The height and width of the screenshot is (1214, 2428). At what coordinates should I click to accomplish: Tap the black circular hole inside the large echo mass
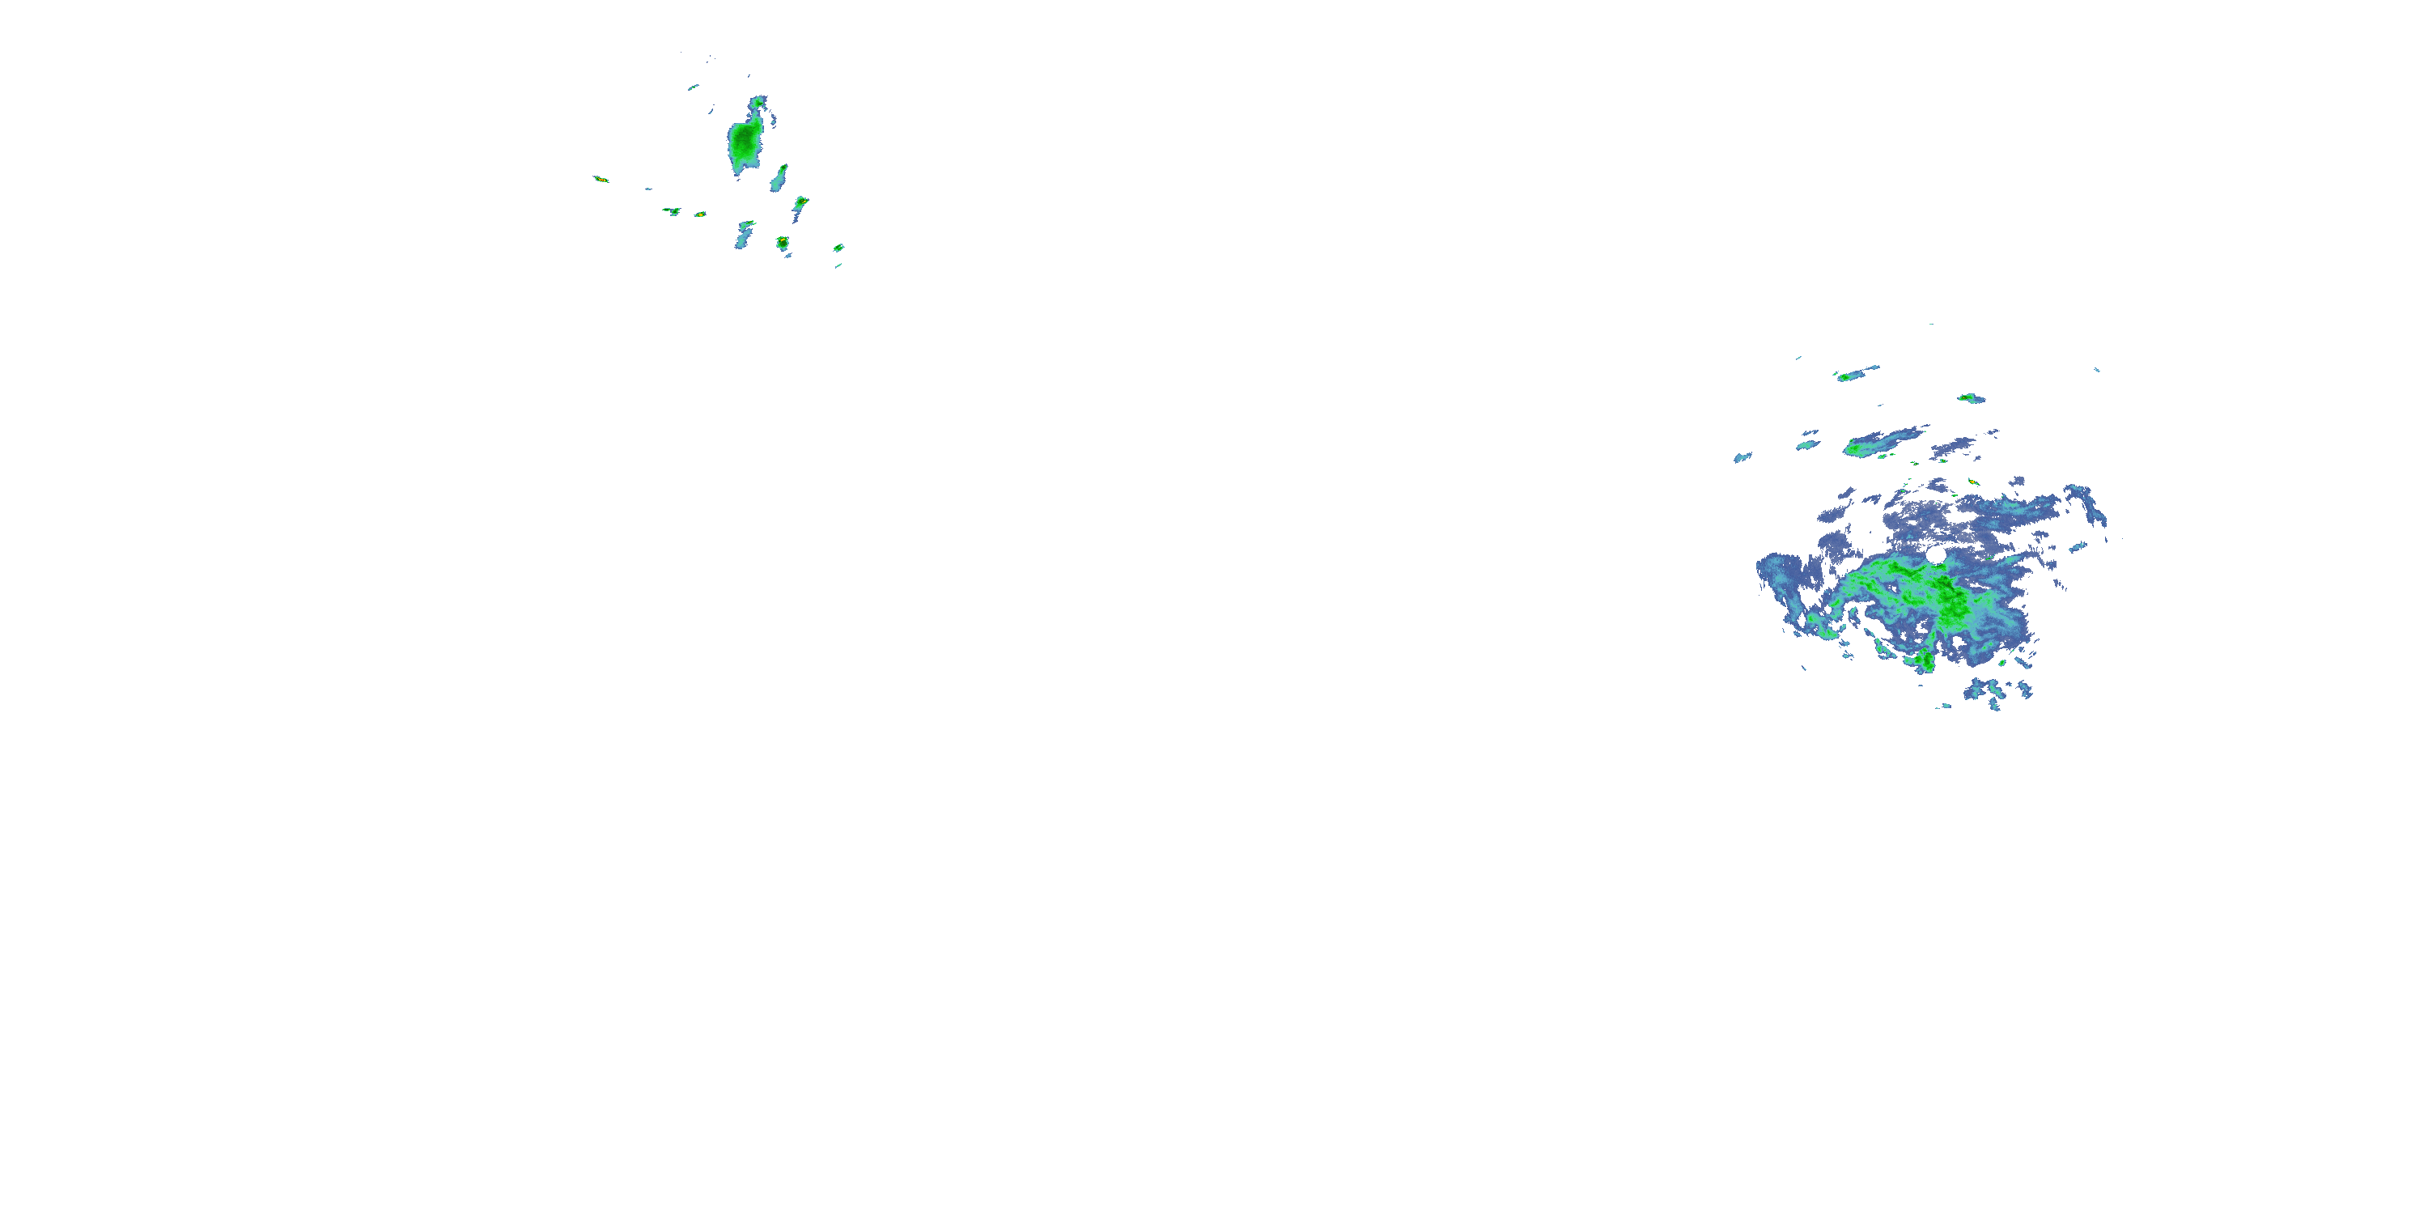click(1935, 556)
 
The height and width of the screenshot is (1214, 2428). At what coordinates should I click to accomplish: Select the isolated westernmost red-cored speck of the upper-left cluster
click(600, 179)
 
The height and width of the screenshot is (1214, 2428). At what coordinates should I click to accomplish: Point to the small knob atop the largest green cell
click(758, 102)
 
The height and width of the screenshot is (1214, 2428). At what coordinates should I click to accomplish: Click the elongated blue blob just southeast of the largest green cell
click(779, 178)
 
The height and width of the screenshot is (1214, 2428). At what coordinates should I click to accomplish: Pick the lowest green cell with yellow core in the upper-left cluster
click(781, 243)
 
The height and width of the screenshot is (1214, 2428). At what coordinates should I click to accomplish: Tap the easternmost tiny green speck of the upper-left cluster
click(838, 248)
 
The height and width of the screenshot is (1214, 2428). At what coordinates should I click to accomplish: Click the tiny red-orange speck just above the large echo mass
click(1973, 482)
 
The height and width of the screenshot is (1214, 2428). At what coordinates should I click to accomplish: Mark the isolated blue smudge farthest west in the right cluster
click(1742, 458)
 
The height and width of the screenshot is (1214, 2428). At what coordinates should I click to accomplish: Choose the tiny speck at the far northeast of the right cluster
click(2097, 370)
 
